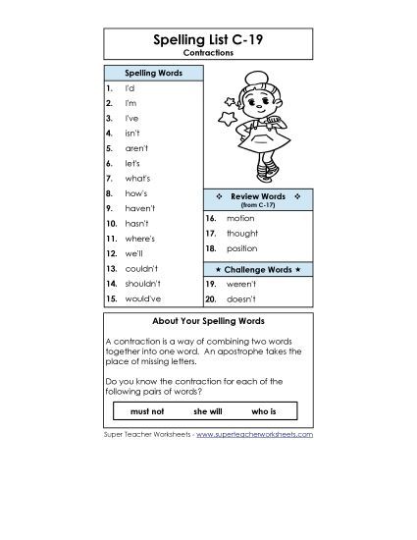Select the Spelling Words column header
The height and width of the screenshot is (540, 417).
(x=152, y=73)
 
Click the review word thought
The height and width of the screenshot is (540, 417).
(x=242, y=234)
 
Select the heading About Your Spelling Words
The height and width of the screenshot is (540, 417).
(x=208, y=321)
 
